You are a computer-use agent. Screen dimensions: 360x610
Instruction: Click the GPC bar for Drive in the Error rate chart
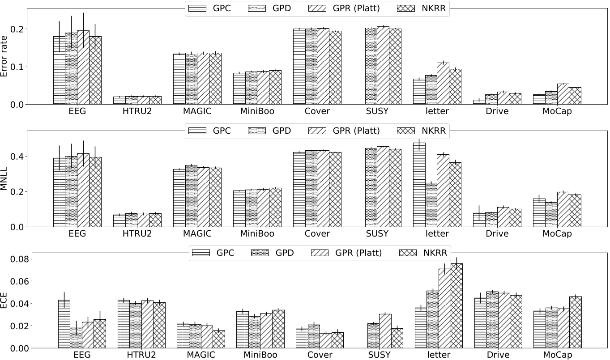click(x=479, y=102)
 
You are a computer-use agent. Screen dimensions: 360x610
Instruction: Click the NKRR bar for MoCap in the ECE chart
click(x=575, y=322)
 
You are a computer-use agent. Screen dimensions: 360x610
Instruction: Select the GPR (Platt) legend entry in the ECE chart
click(x=349, y=253)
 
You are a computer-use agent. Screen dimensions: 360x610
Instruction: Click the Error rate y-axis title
click(x=5, y=56)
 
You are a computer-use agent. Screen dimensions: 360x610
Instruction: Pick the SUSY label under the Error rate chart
click(x=377, y=111)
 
